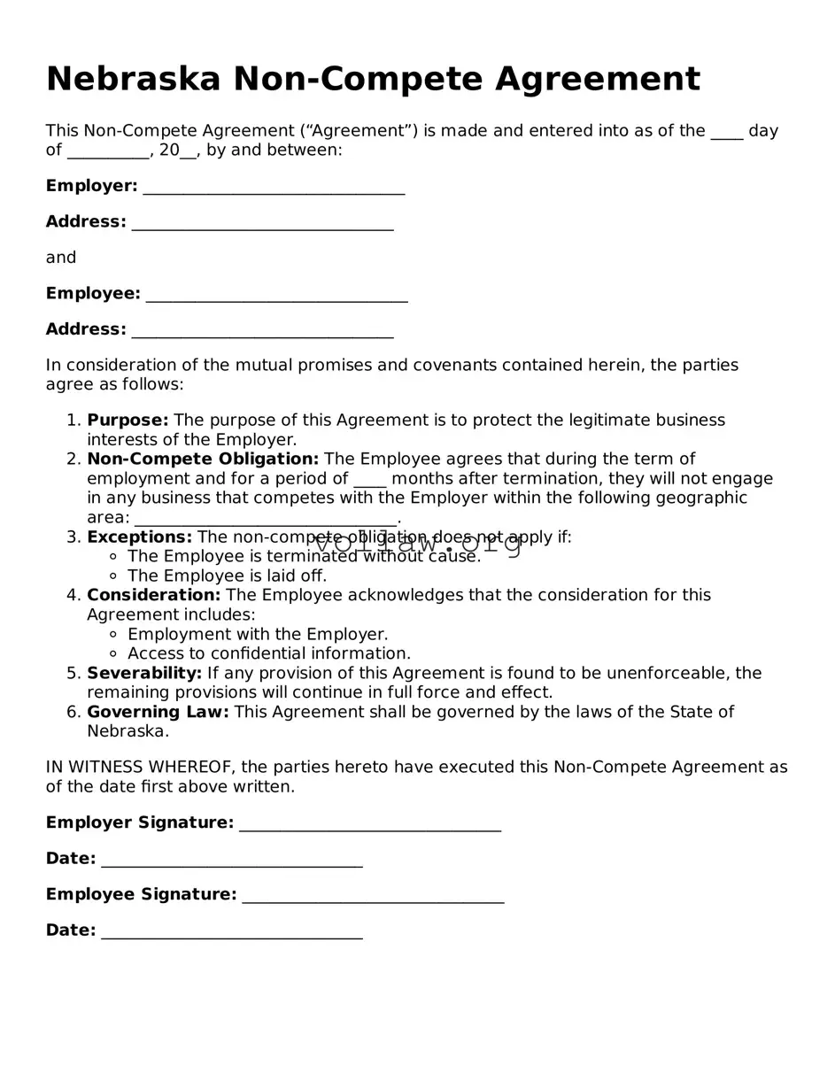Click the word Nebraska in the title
[x=133, y=80]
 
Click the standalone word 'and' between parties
[x=61, y=258]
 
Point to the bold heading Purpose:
[x=128, y=421]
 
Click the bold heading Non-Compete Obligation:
[x=203, y=459]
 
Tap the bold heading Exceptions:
[x=139, y=537]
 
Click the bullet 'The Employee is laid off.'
[x=227, y=576]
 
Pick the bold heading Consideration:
[x=153, y=596]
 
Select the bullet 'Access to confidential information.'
[x=269, y=654]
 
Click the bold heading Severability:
[x=144, y=674]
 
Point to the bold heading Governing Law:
[x=158, y=713]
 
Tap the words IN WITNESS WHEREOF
[x=140, y=768]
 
